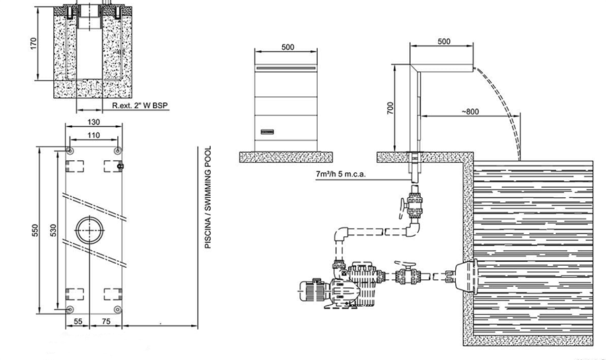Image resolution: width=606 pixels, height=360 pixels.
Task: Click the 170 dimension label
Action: pyautogui.click(x=33, y=43)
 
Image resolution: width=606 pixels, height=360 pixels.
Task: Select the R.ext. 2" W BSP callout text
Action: pyautogui.click(x=140, y=105)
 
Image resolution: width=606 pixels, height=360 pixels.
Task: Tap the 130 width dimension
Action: pyautogui.click(x=94, y=122)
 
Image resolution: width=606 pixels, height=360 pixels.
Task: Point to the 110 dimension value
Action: pyautogui.click(x=94, y=135)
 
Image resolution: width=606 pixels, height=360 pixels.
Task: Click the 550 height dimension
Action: pyautogui.click(x=35, y=231)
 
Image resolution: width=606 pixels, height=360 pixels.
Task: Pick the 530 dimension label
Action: pyautogui.click(x=53, y=231)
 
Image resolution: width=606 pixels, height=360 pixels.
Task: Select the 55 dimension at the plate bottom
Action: pyautogui.click(x=77, y=321)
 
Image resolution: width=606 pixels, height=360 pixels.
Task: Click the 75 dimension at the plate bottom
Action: pyautogui.click(x=106, y=321)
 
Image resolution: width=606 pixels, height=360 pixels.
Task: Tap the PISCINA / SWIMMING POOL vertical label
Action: pyautogui.click(x=208, y=197)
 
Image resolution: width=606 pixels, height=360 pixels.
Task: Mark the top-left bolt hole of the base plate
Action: pyautogui.click(x=69, y=150)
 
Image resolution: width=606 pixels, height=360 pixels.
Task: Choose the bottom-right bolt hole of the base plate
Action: pyautogui.click(x=117, y=310)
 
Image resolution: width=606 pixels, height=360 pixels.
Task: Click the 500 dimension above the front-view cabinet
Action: pyautogui.click(x=288, y=47)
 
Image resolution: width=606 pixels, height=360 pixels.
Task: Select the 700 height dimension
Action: pyautogui.click(x=390, y=108)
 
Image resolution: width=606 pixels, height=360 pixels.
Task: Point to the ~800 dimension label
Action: pyautogui.click(x=470, y=112)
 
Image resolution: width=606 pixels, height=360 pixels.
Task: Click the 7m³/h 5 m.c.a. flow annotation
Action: pyautogui.click(x=341, y=174)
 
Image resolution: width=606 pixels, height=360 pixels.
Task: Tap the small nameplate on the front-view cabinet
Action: pyautogui.click(x=267, y=132)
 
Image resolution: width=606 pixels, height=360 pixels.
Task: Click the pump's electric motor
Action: pyautogui.click(x=314, y=291)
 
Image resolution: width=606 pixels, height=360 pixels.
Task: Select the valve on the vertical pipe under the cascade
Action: pyautogui.click(x=412, y=203)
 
